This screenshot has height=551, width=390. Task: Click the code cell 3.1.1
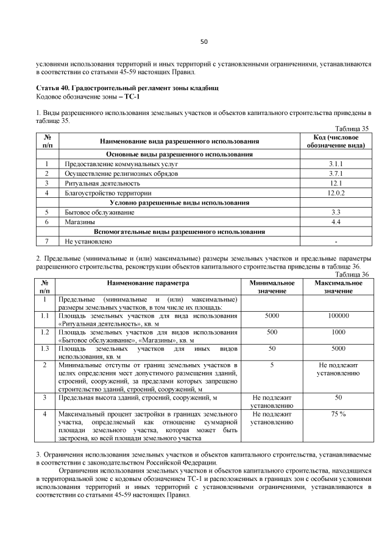click(x=336, y=164)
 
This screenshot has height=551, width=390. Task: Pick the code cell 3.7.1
click(x=336, y=174)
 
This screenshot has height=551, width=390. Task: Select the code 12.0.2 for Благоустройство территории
click(x=336, y=193)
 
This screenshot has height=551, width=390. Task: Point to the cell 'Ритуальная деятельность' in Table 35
click(x=94, y=183)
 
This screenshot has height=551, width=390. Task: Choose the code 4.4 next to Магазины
click(x=336, y=222)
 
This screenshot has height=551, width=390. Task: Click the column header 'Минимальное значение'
click(x=272, y=287)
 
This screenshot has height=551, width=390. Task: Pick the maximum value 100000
click(x=338, y=317)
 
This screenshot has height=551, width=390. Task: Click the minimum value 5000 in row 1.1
click(x=272, y=317)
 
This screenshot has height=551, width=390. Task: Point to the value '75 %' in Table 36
click(x=338, y=414)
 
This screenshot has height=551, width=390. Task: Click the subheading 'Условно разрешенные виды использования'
click(x=179, y=203)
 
